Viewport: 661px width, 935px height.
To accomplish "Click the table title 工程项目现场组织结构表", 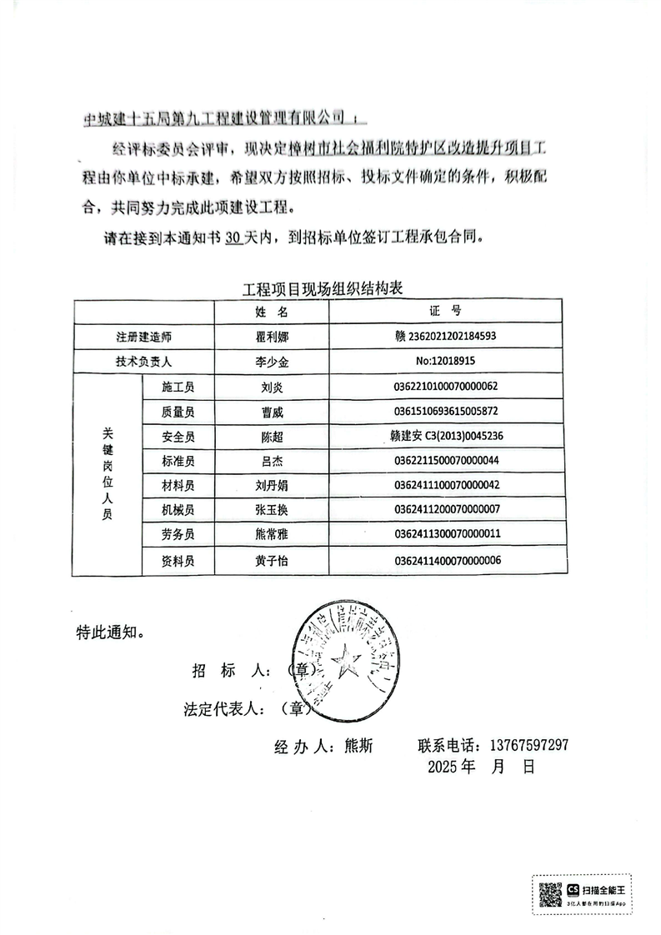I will click(322, 290).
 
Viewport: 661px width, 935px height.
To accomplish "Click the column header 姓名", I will click(272, 312).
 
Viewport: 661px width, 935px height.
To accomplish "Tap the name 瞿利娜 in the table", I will click(272, 337).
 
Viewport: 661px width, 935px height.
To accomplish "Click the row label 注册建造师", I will click(143, 337).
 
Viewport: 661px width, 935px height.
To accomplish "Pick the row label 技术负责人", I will click(143, 362).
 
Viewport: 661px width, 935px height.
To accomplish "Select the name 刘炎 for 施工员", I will click(272, 387).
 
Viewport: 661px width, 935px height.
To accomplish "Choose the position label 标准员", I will click(178, 461).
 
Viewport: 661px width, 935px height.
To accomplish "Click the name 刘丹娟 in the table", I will click(272, 485).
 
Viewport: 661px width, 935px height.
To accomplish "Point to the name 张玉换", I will click(272, 509).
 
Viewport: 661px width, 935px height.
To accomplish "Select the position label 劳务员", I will click(178, 534).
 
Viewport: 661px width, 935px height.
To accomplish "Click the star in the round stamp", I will click(343, 664).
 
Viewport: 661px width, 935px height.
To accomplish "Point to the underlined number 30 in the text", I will click(233, 237).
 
